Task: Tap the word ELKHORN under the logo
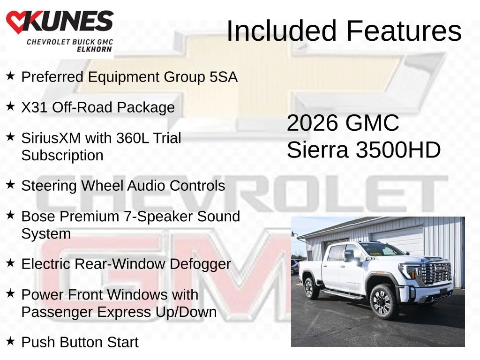click(94, 49)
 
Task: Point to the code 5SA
click(224, 77)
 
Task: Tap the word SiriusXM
click(51, 138)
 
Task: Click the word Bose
click(38, 217)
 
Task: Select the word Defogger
click(200, 264)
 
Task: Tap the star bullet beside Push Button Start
click(10, 341)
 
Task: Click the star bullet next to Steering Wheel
click(10, 184)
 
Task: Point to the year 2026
click(312, 123)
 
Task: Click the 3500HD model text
click(398, 150)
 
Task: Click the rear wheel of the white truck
click(311, 288)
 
